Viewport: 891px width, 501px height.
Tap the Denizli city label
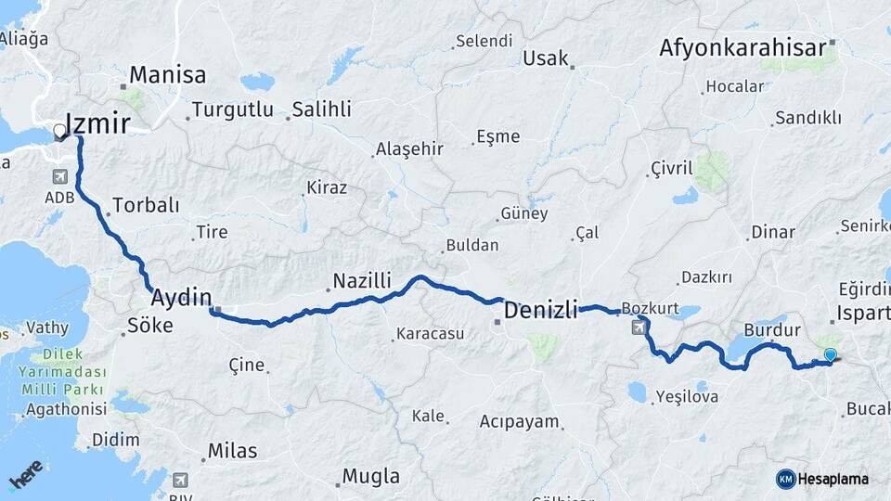coord(540,308)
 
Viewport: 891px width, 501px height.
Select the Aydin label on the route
coord(181,298)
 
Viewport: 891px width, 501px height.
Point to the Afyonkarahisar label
coord(742,47)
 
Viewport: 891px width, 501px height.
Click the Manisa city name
coord(168,74)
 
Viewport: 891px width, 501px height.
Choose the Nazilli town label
coord(362,280)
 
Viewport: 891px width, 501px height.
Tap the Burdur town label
coord(772,330)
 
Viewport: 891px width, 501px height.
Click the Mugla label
coord(371,477)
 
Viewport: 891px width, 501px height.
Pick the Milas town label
coord(232,450)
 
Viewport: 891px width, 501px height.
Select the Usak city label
coord(546,58)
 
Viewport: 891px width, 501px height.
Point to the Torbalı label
coord(146,205)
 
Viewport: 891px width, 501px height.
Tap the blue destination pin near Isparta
coord(830,354)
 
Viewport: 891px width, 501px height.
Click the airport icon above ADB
coord(60,176)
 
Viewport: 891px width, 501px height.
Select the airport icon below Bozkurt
coord(639,327)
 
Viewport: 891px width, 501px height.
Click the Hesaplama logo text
coord(833,479)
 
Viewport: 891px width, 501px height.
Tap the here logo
coord(26,474)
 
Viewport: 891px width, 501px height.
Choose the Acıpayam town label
coord(520,422)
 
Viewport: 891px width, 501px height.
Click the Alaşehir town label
coord(409,149)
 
